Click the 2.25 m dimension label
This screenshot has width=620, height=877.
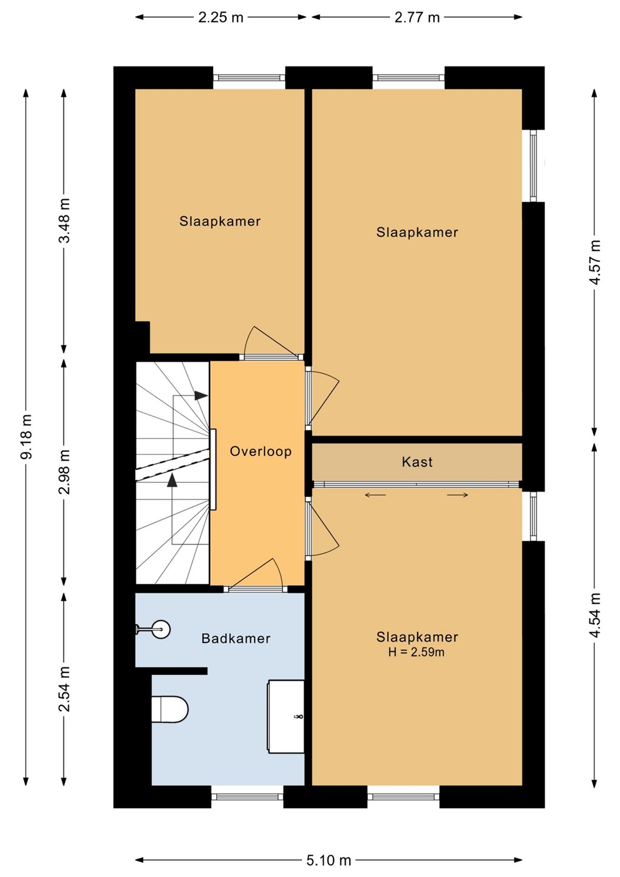tap(220, 18)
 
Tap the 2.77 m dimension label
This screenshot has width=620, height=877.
tap(417, 18)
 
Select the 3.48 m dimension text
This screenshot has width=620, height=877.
tap(65, 220)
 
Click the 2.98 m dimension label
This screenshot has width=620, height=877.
tap(65, 472)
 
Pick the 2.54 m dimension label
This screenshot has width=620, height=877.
tap(65, 688)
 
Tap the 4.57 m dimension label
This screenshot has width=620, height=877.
tap(595, 262)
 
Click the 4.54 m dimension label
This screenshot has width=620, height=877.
tap(595, 615)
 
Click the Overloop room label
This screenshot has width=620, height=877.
tap(261, 451)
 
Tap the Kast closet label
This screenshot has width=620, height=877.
tap(417, 462)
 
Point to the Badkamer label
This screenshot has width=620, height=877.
tap(236, 638)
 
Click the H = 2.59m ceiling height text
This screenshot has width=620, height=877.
tap(416, 652)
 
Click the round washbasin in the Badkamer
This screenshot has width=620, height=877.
tap(160, 629)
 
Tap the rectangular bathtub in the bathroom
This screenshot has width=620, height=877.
tap(286, 716)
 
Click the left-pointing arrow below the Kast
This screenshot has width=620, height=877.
tap(375, 495)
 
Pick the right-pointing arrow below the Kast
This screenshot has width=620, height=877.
tap(457, 495)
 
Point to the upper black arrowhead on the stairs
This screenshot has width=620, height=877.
tap(201, 395)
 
